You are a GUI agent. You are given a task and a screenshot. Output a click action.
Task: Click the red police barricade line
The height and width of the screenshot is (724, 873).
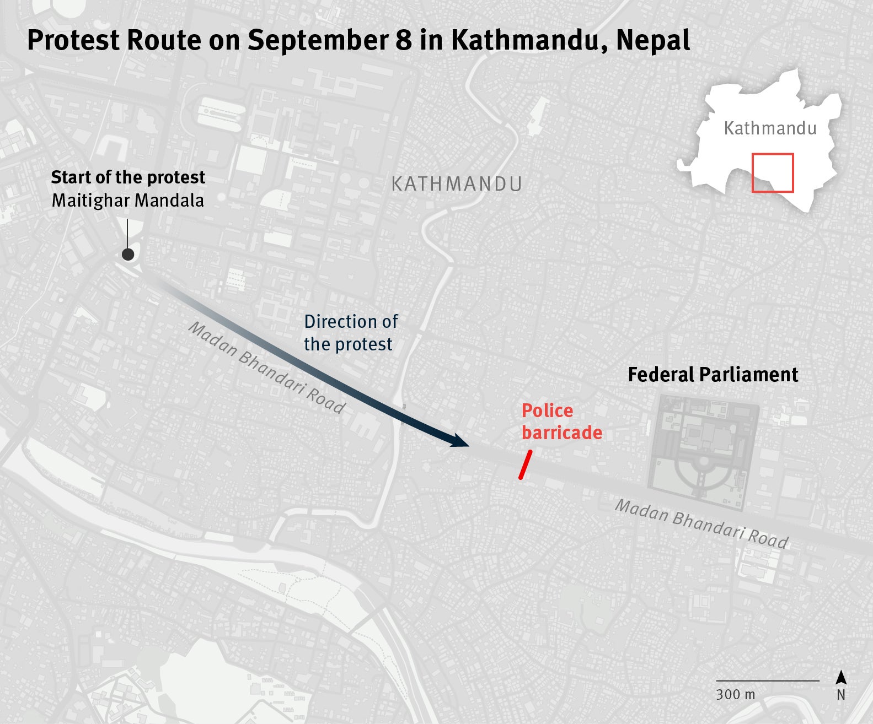pyautogui.click(x=525, y=464)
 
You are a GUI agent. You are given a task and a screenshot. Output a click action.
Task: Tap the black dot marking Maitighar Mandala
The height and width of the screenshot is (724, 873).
pyautogui.click(x=128, y=254)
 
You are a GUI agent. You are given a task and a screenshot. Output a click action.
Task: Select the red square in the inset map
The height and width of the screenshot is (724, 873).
pyautogui.click(x=773, y=173)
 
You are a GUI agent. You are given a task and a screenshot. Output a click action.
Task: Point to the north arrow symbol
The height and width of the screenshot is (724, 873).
pyautogui.click(x=841, y=678)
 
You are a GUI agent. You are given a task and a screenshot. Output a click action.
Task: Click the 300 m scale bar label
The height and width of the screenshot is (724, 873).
pyautogui.click(x=736, y=694)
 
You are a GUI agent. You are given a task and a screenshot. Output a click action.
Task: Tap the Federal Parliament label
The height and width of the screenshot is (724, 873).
pyautogui.click(x=713, y=375)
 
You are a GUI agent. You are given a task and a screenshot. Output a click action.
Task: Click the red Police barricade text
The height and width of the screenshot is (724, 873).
pyautogui.click(x=561, y=422)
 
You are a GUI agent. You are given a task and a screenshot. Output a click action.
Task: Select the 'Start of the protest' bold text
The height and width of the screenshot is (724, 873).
pyautogui.click(x=128, y=177)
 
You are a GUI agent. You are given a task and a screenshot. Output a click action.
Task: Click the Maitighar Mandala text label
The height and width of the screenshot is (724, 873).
pyautogui.click(x=128, y=201)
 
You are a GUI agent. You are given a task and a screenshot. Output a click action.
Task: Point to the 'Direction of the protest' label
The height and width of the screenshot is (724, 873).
pyautogui.click(x=351, y=333)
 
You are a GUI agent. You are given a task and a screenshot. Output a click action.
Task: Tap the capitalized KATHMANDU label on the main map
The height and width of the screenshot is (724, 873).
pyautogui.click(x=457, y=184)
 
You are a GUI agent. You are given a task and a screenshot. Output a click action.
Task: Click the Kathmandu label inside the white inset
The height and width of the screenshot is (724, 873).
pyautogui.click(x=770, y=128)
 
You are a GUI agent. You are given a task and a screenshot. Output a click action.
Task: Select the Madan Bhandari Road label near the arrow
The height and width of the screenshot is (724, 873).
pyautogui.click(x=267, y=368)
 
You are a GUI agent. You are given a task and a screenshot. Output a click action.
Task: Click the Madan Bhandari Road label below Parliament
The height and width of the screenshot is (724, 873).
pyautogui.click(x=701, y=524)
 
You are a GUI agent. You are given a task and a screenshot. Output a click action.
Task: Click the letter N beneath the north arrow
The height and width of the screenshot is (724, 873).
pyautogui.click(x=841, y=695)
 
